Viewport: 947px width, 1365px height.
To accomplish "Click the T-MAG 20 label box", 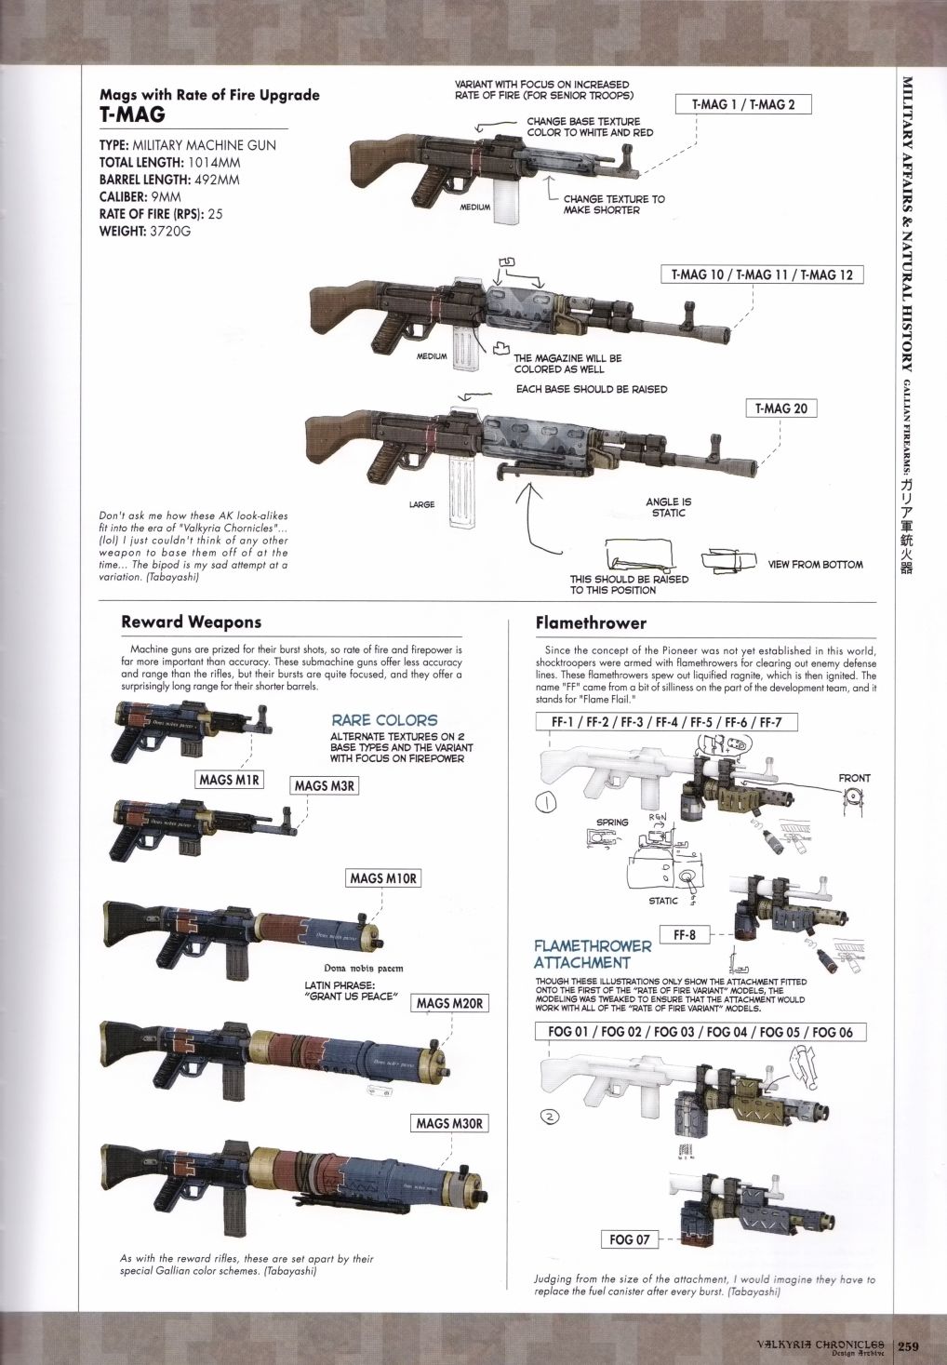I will coord(780,408).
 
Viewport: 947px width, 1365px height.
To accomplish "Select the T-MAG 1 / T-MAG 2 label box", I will coord(743,104).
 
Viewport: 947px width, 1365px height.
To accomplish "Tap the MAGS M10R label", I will coord(383,878).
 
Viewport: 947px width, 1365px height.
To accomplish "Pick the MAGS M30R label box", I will coord(448,1123).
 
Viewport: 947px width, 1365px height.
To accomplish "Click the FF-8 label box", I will coord(685,934).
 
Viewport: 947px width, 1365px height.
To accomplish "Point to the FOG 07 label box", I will coord(629,1239).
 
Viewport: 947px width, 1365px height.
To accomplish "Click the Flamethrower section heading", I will coord(591,622).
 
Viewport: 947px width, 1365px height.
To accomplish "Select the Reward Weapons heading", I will coord(191,622).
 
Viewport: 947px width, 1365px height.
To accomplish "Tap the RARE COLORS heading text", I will coord(384,720).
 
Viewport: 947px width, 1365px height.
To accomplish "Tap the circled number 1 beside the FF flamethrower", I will coord(546,802).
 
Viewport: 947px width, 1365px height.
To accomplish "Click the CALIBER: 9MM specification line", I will coord(140,196).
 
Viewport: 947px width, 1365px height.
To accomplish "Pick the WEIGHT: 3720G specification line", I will coord(144,231).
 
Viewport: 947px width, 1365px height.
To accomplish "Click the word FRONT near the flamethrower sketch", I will coord(854,778).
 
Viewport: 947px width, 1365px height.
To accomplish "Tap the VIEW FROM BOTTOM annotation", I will coord(815,564).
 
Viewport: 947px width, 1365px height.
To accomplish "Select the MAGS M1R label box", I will coord(230,780).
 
